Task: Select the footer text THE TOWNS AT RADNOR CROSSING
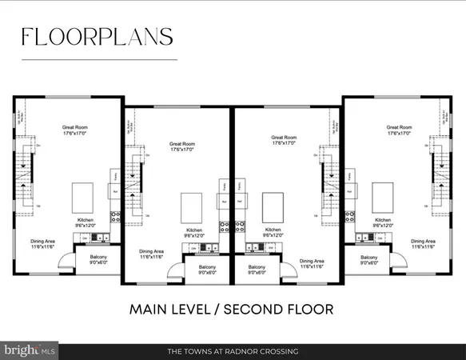(233, 351)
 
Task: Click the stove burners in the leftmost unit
(115, 214)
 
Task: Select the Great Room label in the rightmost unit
(398, 129)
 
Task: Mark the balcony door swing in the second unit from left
(173, 274)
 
